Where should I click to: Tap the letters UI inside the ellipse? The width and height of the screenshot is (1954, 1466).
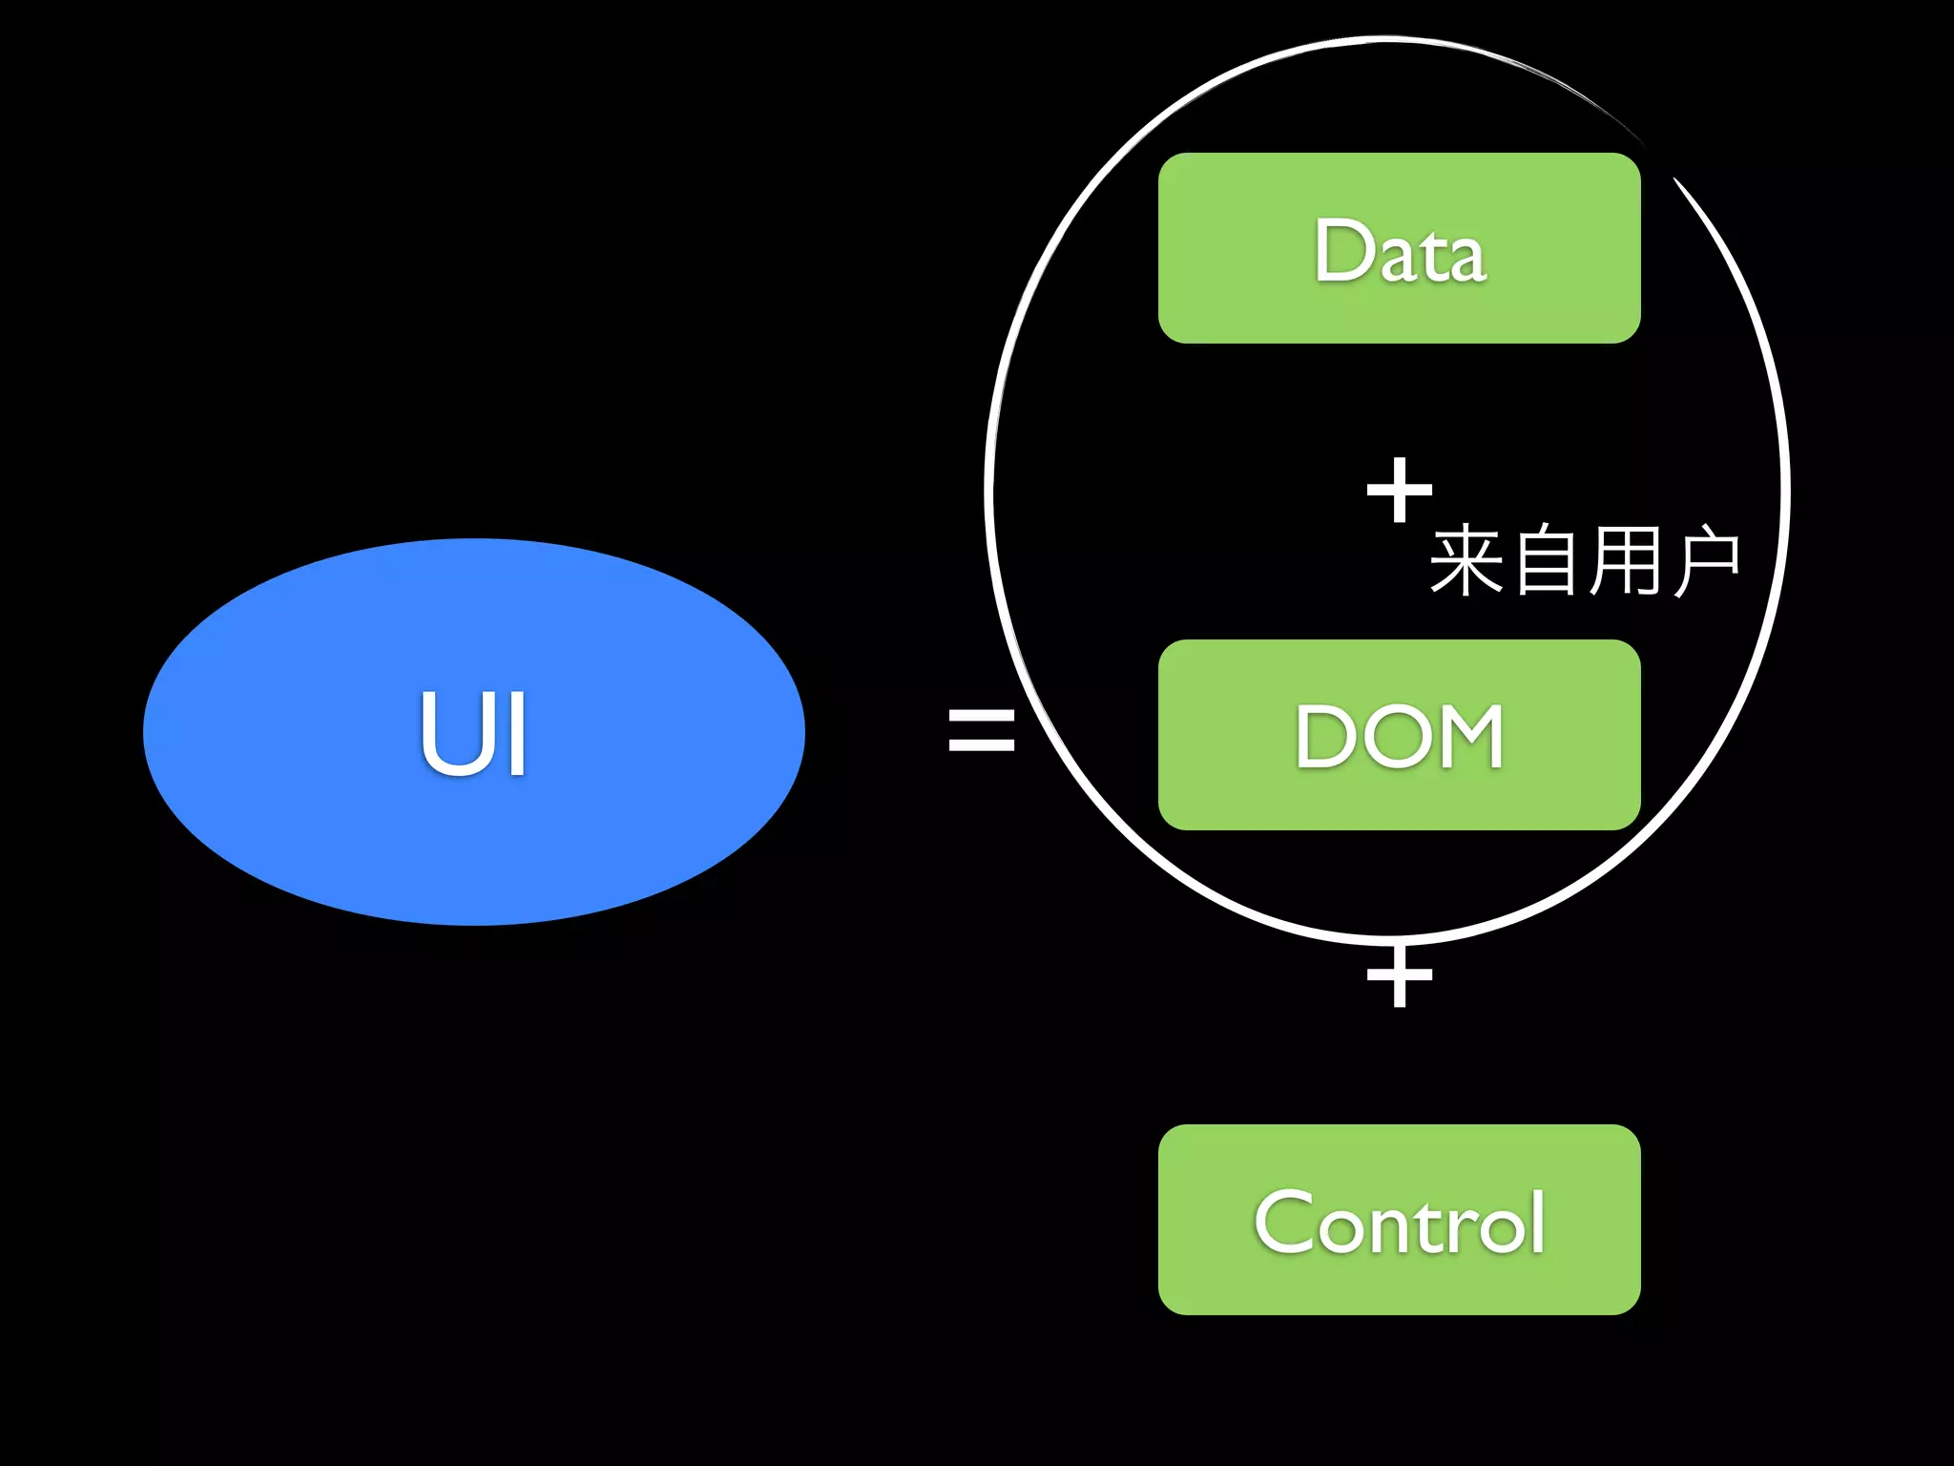(473, 733)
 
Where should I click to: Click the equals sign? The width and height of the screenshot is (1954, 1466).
(981, 729)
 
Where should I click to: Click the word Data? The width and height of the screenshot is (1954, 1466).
(1400, 250)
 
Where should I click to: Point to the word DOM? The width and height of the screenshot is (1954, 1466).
(1400, 736)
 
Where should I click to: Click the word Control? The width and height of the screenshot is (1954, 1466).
(1400, 1222)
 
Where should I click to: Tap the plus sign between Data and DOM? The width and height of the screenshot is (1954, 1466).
(1399, 490)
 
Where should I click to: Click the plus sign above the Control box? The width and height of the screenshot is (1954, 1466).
(1399, 975)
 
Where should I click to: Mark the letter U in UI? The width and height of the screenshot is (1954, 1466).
(450, 733)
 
